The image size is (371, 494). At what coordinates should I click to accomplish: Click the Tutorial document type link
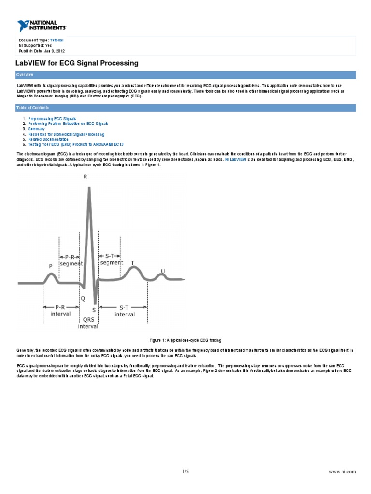[x=57, y=40]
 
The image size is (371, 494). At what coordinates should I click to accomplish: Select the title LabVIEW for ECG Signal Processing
[x=77, y=63]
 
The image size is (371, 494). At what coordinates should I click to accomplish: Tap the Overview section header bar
[x=185, y=75]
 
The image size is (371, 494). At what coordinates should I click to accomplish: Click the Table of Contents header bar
[x=185, y=108]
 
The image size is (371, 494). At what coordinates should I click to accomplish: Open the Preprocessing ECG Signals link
[x=52, y=118]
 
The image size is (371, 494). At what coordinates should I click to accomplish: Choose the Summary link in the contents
[x=36, y=129]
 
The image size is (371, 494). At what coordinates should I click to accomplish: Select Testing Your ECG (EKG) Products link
[x=72, y=144]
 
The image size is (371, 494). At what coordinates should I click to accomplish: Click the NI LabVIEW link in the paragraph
[x=236, y=159]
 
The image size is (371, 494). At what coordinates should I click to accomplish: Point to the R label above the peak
[x=86, y=177]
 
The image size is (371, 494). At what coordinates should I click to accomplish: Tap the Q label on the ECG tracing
[x=83, y=298]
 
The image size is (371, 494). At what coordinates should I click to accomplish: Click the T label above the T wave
[x=133, y=263]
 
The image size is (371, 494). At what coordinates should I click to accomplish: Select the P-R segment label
[x=71, y=261]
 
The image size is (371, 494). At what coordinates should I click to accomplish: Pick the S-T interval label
[x=124, y=311]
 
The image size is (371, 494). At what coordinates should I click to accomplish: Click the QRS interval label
[x=88, y=322]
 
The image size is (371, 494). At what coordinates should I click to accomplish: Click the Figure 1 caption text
[x=185, y=340]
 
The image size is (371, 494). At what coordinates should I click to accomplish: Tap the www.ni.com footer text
[x=343, y=471]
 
